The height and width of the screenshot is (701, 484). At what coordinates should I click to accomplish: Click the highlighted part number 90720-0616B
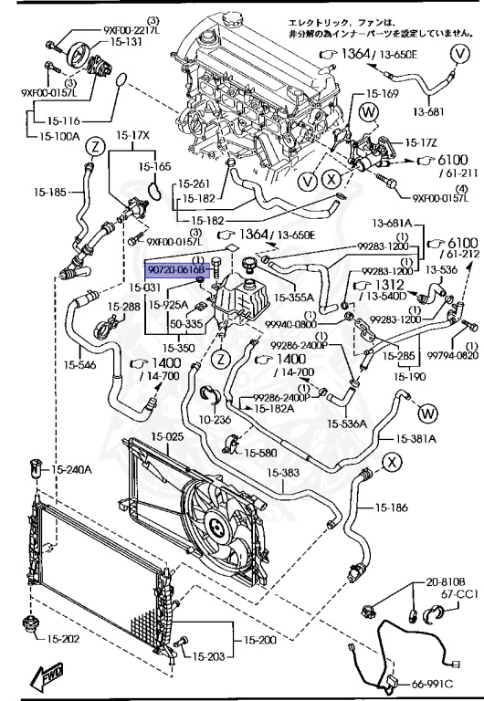point(178,270)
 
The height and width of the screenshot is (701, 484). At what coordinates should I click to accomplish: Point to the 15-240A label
point(72,470)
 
